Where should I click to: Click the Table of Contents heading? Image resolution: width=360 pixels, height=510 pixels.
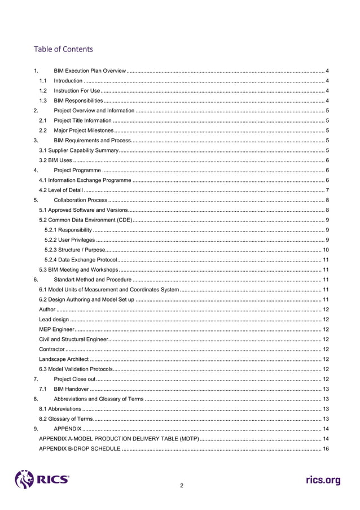(x=63, y=49)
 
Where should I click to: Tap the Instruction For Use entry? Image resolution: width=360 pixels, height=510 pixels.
(x=77, y=90)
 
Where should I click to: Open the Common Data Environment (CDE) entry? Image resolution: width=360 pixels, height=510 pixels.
(x=85, y=220)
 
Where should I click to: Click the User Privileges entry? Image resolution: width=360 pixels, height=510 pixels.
(x=69, y=240)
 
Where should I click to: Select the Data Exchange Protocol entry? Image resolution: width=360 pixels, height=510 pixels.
(x=81, y=260)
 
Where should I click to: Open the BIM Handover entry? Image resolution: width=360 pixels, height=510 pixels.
(x=71, y=390)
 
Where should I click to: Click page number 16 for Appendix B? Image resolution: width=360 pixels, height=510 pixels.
(x=326, y=450)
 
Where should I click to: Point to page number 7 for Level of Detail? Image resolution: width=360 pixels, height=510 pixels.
(x=327, y=190)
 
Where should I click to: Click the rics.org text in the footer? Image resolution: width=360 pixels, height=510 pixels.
(x=323, y=480)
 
